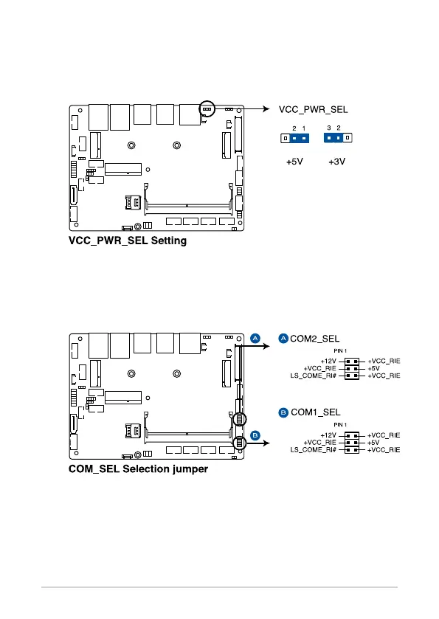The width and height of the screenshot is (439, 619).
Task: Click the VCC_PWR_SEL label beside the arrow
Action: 313,110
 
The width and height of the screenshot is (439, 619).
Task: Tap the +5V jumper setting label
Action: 294,162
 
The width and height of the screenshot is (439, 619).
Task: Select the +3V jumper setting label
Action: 336,162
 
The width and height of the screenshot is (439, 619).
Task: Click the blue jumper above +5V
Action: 300,138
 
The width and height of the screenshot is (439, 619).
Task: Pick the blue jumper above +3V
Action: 333,138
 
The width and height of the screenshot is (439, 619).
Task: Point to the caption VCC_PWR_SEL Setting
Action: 128,241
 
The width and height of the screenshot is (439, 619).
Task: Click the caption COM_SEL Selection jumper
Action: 138,469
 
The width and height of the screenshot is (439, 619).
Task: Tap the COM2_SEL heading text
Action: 314,339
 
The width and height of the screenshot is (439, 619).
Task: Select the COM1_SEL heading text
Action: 316,412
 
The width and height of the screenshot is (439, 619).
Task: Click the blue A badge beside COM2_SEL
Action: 283,339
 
